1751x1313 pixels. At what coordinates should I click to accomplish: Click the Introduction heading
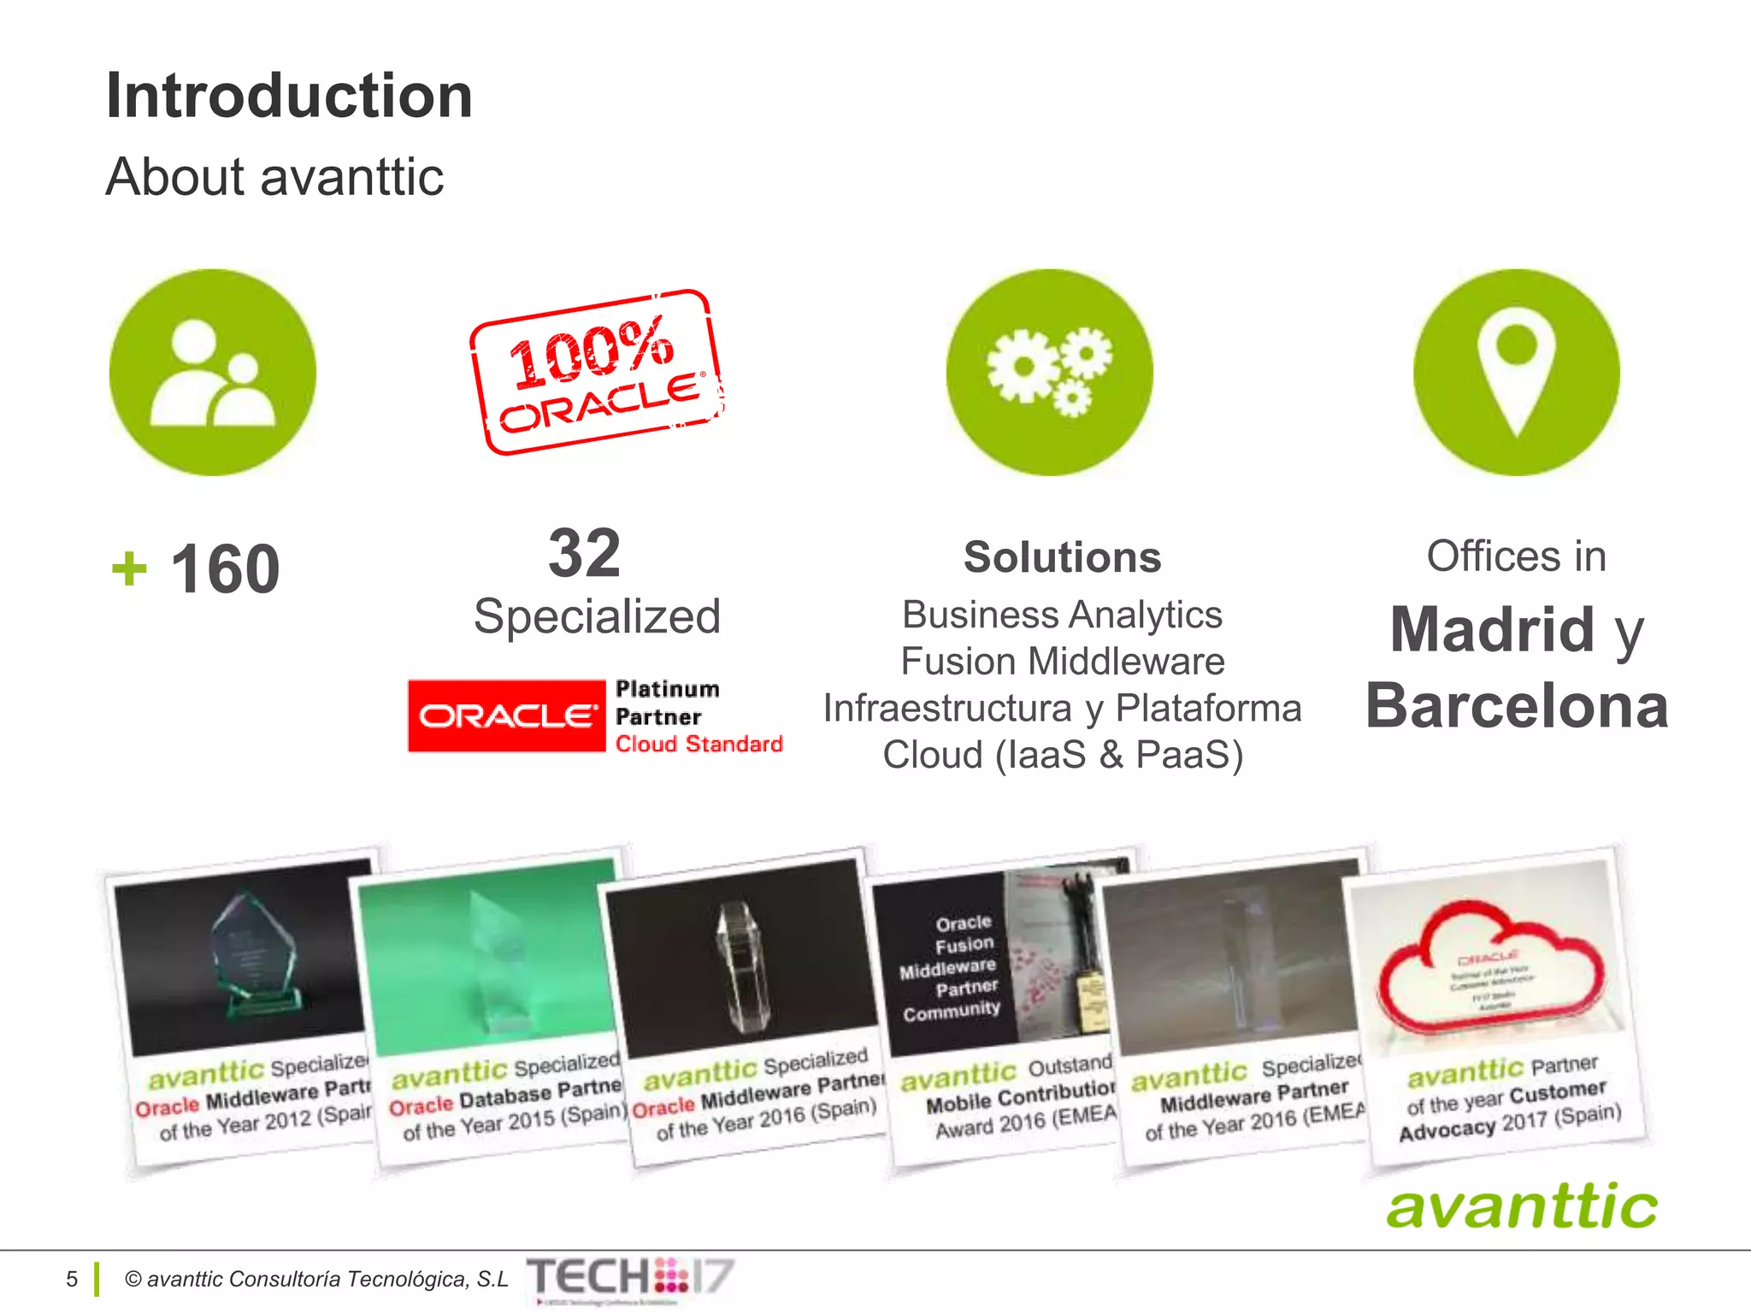coord(289,96)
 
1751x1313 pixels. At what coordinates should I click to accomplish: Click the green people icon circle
coord(213,373)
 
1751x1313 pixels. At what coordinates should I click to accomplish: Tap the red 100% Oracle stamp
coord(597,373)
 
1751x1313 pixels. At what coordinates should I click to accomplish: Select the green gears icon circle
coord(1049,373)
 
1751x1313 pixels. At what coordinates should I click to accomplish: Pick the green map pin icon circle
coord(1516,373)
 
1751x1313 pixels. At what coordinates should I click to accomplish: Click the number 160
coord(226,569)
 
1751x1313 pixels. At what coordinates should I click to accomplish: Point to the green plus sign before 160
coord(129,569)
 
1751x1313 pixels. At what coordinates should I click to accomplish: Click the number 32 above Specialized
coord(585,553)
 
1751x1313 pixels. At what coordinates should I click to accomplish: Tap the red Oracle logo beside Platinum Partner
coord(506,716)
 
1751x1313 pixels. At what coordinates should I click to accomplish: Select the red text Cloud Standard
coord(699,745)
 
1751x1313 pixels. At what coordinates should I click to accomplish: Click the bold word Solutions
coord(1062,557)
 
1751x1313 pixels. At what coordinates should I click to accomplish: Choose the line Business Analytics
coord(1062,615)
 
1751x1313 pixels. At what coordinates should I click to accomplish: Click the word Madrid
coord(1492,629)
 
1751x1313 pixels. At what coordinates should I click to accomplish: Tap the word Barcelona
coord(1517,706)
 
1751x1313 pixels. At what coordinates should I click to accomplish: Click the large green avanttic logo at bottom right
coord(1522,1207)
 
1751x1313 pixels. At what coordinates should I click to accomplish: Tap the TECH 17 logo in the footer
coord(630,1278)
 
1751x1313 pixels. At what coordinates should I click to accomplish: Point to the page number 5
coord(72,1279)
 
